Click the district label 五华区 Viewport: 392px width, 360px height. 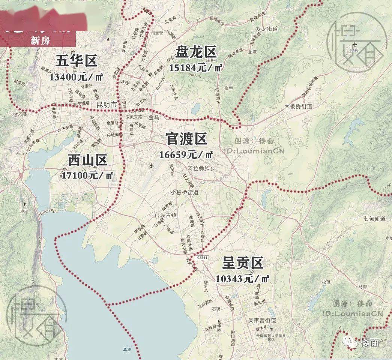pos(77,60)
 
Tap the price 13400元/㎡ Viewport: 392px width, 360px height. pos(77,77)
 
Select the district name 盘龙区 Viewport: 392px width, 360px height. pos(196,52)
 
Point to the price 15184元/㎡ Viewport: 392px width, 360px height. pos(196,68)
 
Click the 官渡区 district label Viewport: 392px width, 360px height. pos(186,139)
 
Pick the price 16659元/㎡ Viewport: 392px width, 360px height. pos(186,154)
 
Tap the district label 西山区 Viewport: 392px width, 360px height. pos(88,160)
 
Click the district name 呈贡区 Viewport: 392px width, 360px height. pos(243,263)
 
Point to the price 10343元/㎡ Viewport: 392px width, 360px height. pos(243,279)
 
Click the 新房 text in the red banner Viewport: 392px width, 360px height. pos(40,40)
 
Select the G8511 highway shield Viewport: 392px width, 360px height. pos(201,258)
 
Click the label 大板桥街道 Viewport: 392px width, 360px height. pos(298,106)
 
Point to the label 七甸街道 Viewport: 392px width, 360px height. pos(374,218)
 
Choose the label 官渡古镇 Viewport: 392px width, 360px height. pos(165,215)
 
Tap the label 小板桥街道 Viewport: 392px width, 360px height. pos(185,192)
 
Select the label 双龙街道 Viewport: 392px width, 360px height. pos(266,29)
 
